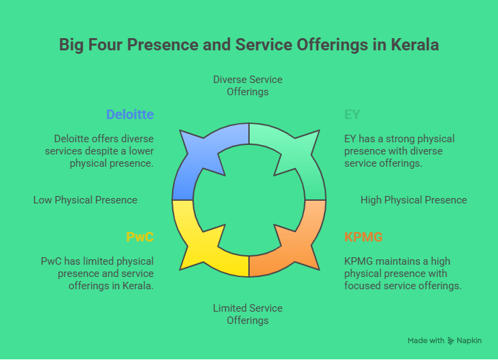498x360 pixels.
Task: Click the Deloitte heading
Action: click(129, 114)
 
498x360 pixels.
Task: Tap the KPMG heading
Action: click(363, 237)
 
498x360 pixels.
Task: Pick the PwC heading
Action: click(139, 237)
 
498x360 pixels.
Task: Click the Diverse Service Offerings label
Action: click(248, 85)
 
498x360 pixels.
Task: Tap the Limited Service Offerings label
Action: click(248, 314)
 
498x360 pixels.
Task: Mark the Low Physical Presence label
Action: click(85, 200)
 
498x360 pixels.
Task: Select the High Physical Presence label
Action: click(414, 200)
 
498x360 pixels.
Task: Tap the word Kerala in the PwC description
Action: click(139, 286)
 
